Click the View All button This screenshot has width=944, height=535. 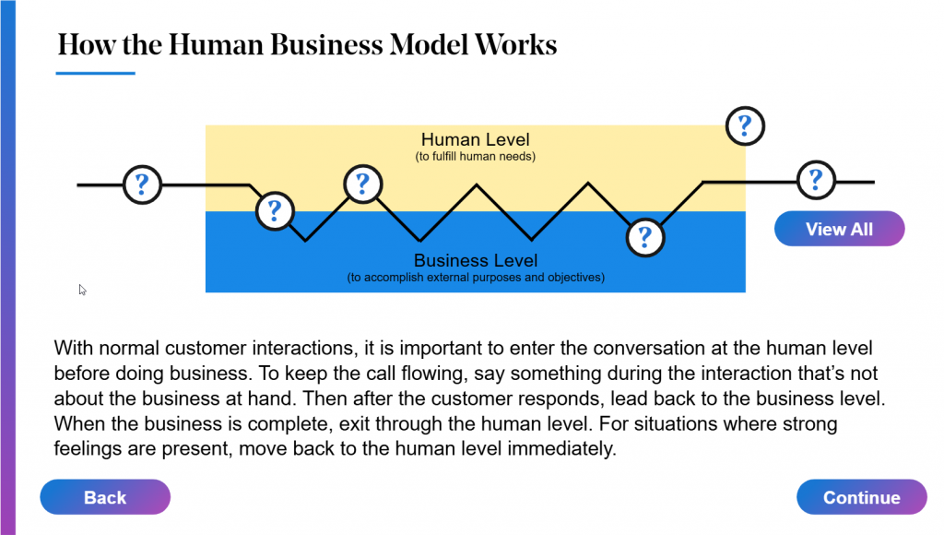[839, 229]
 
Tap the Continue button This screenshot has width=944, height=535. [861, 497]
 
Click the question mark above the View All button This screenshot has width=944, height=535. [815, 180]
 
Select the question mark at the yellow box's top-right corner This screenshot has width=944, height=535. [745, 125]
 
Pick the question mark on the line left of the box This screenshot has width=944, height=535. [142, 184]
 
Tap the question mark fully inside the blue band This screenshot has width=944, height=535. [644, 237]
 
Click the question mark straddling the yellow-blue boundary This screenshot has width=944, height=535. [274, 211]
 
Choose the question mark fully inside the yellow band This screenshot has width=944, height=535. [362, 184]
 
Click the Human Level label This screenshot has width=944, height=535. [475, 140]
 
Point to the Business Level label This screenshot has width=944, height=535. [475, 261]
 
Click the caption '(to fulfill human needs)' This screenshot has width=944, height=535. [475, 157]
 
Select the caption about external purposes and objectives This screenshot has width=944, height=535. [475, 278]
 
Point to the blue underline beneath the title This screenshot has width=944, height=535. [96, 73]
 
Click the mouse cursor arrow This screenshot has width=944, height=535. [82, 290]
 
